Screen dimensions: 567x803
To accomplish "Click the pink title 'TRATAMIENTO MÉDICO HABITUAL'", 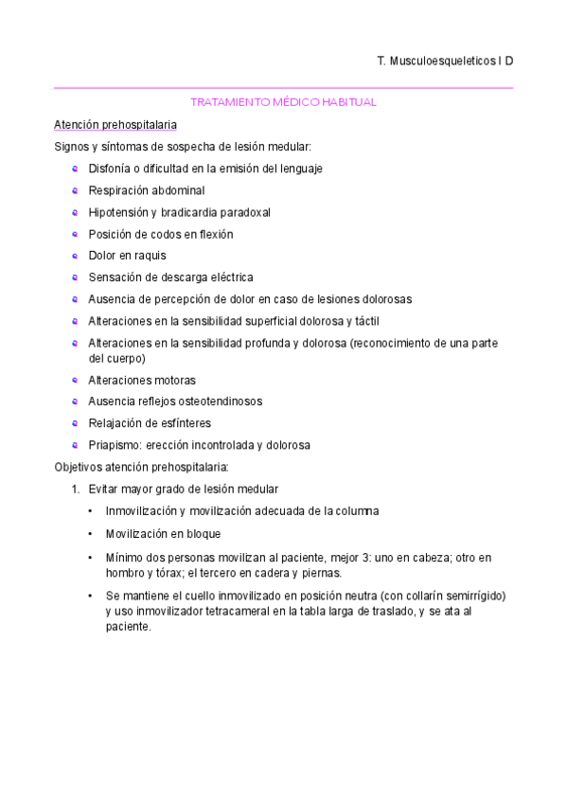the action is point(284,101).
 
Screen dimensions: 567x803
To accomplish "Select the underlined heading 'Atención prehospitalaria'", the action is point(115,124).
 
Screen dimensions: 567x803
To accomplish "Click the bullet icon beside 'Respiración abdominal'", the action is point(75,190).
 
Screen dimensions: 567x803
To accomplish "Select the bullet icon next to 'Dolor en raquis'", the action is point(75,256).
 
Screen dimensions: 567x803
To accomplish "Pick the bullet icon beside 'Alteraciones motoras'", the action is point(75,380).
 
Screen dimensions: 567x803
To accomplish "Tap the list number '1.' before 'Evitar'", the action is point(77,489).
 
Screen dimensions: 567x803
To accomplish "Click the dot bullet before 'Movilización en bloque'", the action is point(90,533).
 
